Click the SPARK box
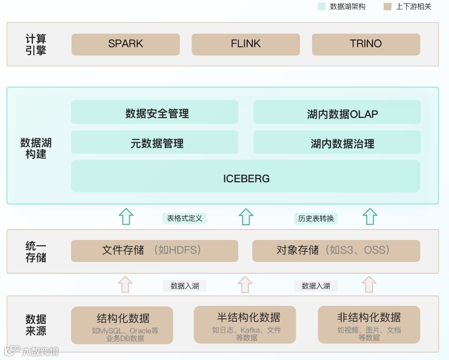click(x=126, y=44)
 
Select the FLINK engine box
click(x=246, y=44)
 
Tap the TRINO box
click(x=366, y=44)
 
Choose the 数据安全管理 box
click(x=155, y=112)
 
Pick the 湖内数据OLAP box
click(x=337, y=112)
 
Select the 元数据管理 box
click(x=155, y=142)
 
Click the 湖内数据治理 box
click(x=337, y=142)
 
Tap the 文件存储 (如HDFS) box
click(x=155, y=251)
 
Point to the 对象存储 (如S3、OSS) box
click(x=336, y=251)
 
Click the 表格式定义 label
click(x=184, y=218)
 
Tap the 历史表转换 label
click(x=316, y=218)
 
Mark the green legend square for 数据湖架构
click(x=321, y=7)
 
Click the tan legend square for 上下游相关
click(x=387, y=7)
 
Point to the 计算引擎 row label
click(x=36, y=44)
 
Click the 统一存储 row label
click(x=36, y=251)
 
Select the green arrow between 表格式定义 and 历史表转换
click(x=246, y=217)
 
